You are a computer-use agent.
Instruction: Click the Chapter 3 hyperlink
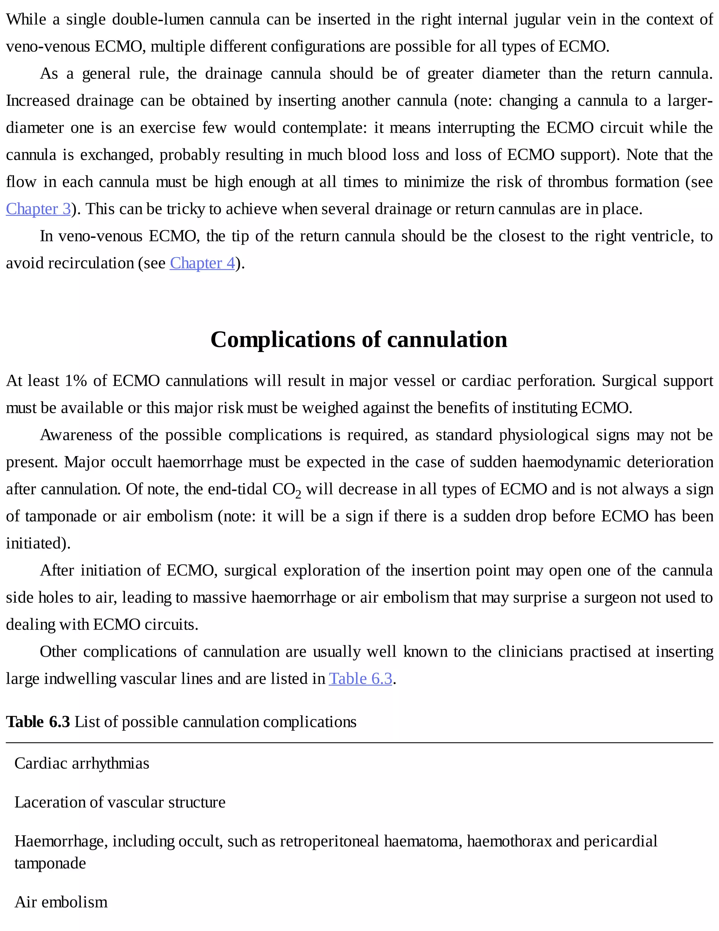pos(38,209)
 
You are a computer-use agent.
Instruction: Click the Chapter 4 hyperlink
pos(202,263)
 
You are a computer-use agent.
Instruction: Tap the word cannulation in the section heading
pos(447,340)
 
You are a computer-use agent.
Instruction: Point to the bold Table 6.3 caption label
pos(38,722)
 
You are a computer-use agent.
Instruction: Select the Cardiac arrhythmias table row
pos(82,763)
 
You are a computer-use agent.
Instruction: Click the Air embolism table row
pos(61,902)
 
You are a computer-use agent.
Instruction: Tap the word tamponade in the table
pos(50,863)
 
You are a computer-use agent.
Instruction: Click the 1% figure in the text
pos(76,381)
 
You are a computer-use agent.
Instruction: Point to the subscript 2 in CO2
pos(298,495)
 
